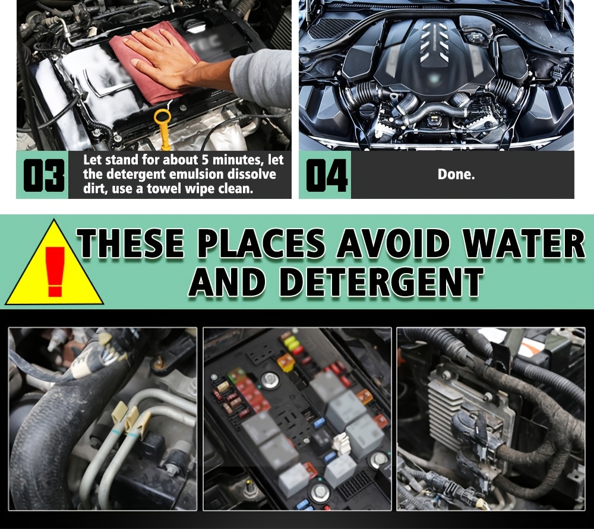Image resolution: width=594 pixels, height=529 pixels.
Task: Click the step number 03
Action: (44, 175)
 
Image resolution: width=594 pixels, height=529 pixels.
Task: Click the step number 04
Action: (327, 175)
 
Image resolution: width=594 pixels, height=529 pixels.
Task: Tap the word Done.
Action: (456, 174)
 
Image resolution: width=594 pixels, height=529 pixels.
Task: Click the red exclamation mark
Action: (55, 271)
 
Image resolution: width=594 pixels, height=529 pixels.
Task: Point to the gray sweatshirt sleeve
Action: (261, 78)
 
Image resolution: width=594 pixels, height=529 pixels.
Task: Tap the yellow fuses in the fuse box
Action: (292, 343)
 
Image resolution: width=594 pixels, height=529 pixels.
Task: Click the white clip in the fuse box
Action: (342, 442)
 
